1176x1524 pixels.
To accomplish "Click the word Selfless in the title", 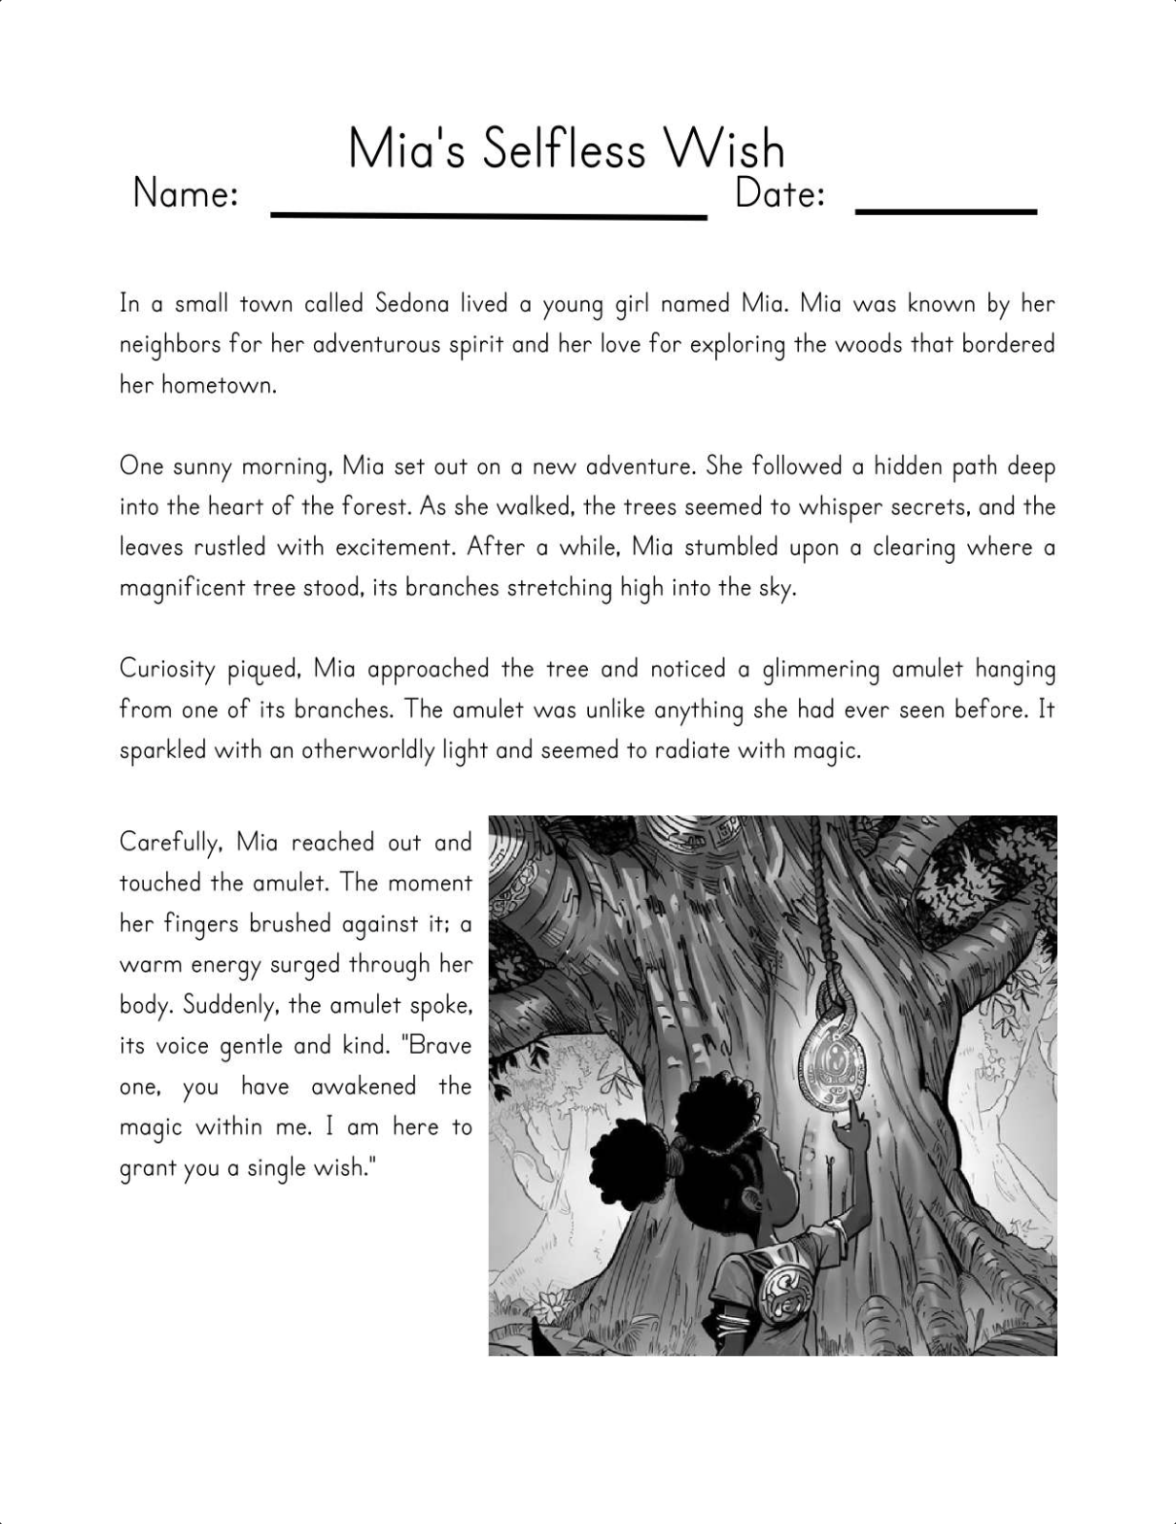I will (564, 150).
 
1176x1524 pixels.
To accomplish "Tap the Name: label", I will (186, 193).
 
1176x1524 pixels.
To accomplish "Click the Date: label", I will (779, 193).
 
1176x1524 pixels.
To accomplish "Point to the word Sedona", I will (412, 304).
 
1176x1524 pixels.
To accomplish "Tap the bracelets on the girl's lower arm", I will (736, 1322).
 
